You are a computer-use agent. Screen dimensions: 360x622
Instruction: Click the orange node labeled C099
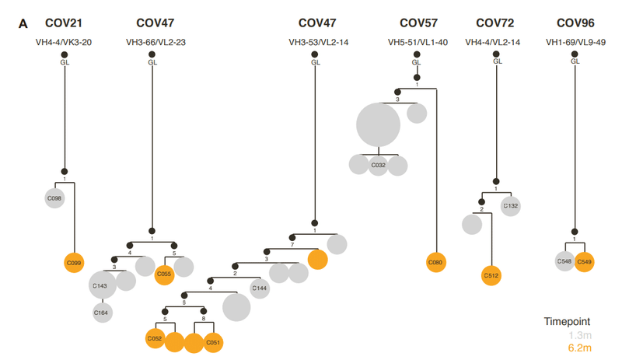(x=75, y=264)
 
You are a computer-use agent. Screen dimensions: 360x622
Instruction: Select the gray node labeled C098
(x=54, y=197)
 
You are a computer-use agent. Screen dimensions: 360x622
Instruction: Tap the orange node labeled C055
(x=164, y=274)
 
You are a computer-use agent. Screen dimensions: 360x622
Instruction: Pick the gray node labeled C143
(x=103, y=285)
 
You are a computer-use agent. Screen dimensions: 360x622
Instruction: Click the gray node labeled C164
(x=102, y=313)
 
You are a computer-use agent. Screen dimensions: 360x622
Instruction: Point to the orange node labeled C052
(x=155, y=339)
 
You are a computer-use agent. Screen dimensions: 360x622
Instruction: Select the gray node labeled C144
(x=260, y=288)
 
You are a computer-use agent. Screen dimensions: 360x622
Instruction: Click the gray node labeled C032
(x=378, y=166)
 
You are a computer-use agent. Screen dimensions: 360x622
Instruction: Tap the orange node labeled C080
(x=436, y=263)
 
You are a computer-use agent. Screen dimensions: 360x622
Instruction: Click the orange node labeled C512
(x=491, y=275)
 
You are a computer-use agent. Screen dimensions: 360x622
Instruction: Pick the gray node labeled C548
(x=565, y=262)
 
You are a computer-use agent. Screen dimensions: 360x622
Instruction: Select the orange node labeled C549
(x=585, y=262)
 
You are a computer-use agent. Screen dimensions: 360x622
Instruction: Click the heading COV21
(x=65, y=23)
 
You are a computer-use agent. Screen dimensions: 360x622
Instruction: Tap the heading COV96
(x=576, y=23)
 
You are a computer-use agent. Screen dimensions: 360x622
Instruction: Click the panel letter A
(x=23, y=24)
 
